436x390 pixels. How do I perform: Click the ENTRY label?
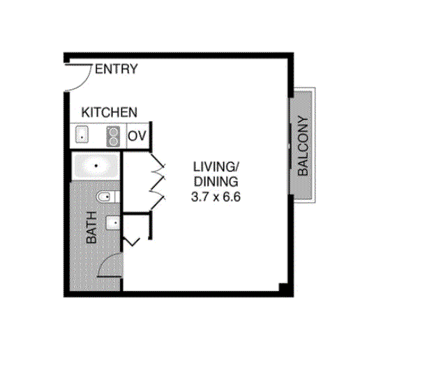tap(116, 69)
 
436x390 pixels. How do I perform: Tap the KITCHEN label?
tap(110, 112)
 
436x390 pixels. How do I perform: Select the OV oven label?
tap(137, 136)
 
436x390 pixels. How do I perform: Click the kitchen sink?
tap(82, 135)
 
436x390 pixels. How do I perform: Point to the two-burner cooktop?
tap(113, 136)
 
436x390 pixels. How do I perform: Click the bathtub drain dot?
tap(96, 166)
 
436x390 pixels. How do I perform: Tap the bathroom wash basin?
tap(113, 223)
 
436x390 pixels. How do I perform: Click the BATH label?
tap(91, 227)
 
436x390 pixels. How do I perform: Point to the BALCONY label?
tap(303, 146)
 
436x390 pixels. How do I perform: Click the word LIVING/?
tap(216, 167)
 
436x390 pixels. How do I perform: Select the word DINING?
tap(216, 182)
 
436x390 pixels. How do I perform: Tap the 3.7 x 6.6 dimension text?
tap(216, 197)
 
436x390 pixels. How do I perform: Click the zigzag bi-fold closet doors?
tap(158, 182)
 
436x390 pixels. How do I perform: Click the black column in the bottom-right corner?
tap(283, 288)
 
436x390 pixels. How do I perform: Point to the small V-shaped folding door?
tap(132, 241)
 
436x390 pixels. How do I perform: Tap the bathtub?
tap(96, 166)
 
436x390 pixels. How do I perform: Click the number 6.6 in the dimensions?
tap(231, 197)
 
